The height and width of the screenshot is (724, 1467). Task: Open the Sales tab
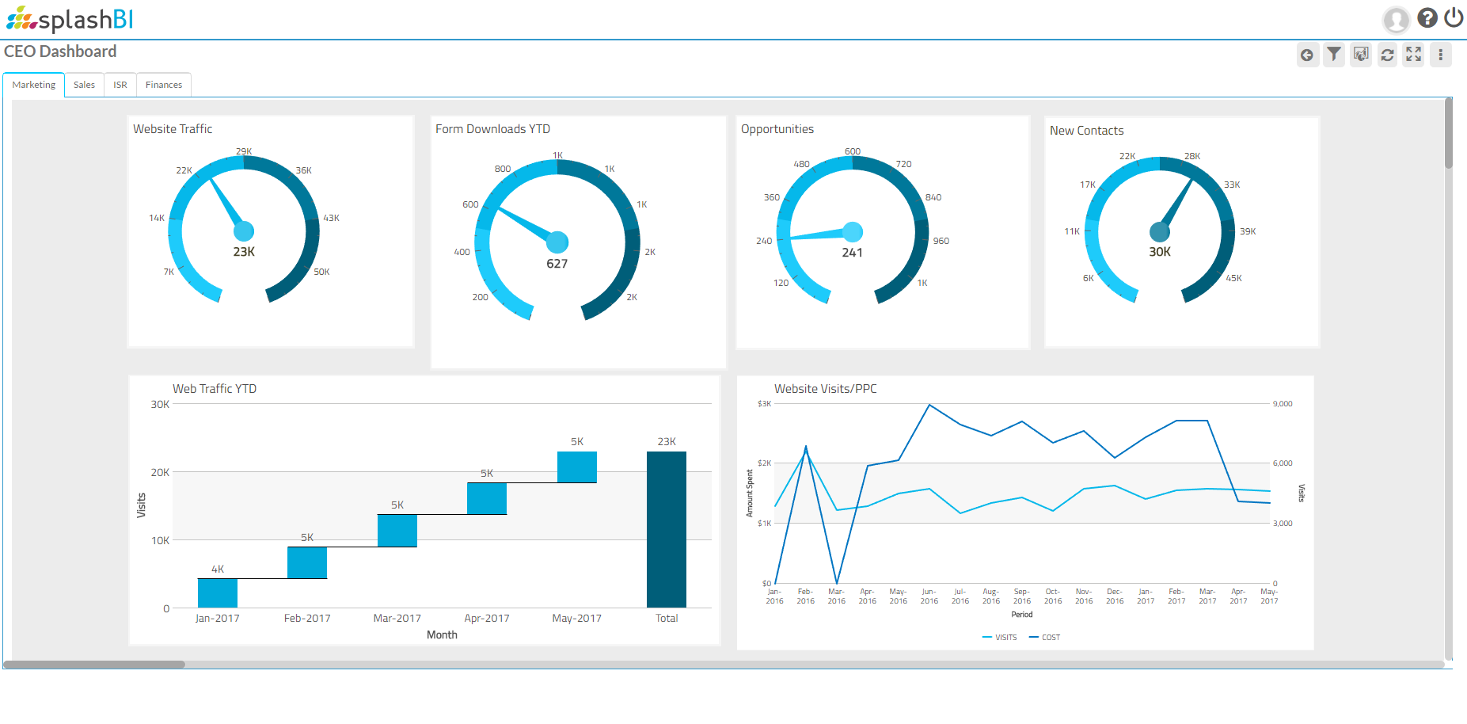pos(84,85)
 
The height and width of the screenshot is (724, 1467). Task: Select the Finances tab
pos(164,85)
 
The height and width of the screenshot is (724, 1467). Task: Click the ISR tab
pos(120,85)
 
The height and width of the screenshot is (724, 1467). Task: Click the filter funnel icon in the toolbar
pos(1334,55)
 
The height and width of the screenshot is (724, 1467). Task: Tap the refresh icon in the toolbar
pos(1387,55)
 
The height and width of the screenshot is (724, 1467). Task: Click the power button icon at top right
pos(1454,17)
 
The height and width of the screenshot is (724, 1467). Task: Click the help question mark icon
pos(1427,17)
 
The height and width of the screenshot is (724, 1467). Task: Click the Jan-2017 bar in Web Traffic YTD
pos(218,593)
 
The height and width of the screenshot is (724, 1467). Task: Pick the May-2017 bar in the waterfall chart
pos(577,467)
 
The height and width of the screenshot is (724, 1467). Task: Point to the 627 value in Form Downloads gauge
pos(557,264)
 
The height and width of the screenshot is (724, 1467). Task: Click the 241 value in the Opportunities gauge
pos(852,253)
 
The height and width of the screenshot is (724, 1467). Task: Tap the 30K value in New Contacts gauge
pos(1160,252)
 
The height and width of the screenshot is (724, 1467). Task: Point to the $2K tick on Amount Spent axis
pos(764,463)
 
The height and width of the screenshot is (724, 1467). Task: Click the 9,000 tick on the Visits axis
pos(1283,404)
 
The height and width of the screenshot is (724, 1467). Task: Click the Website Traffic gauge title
pos(173,129)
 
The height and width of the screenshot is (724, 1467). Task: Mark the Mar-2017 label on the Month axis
pos(397,619)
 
